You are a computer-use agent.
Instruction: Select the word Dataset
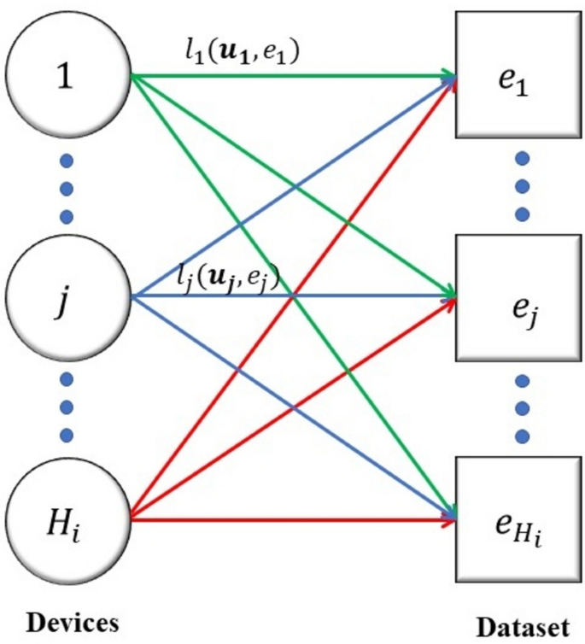(x=522, y=626)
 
